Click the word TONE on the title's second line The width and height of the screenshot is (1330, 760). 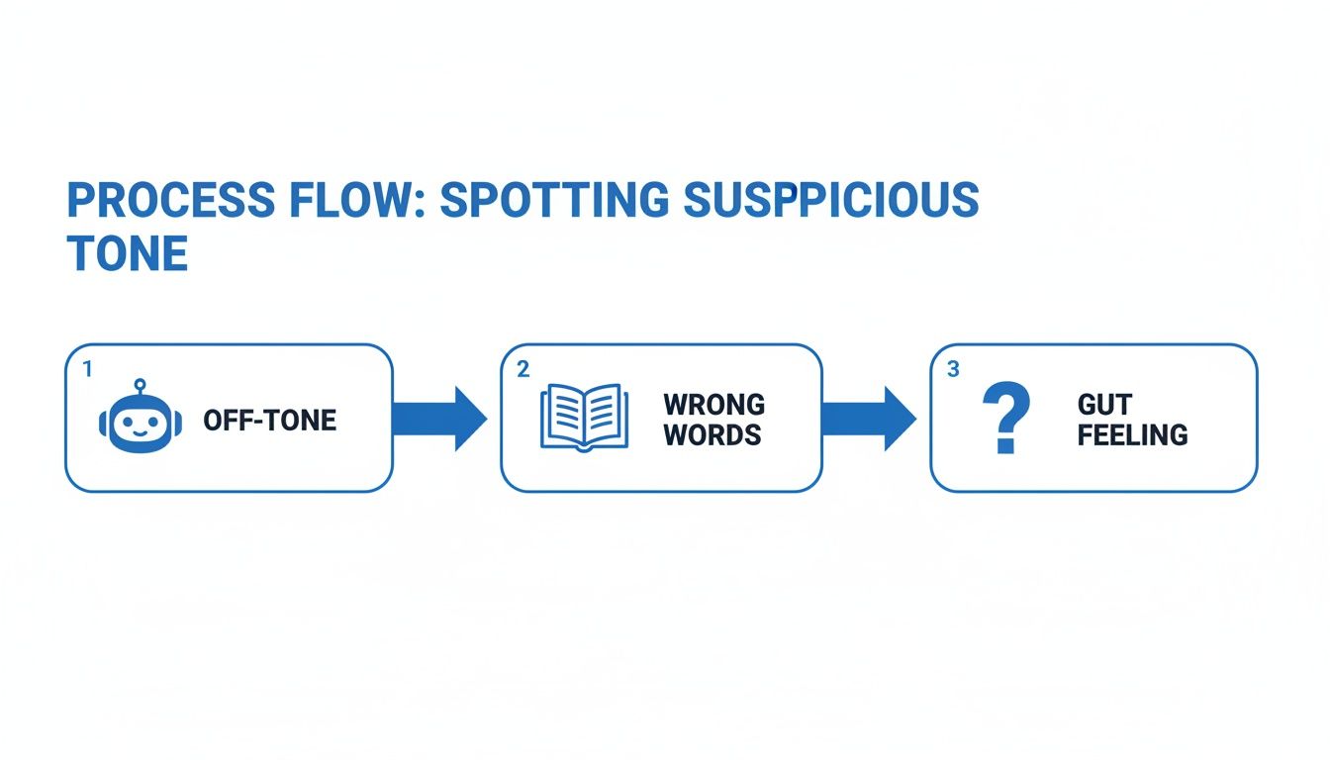127,254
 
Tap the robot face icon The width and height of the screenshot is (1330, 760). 140,423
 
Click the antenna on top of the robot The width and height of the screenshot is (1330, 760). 140,384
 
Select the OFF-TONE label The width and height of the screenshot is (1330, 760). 270,420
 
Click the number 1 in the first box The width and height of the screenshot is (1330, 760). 87,368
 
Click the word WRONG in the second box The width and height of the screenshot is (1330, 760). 713,404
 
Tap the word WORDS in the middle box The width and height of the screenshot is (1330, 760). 712,434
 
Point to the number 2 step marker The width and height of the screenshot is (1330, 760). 522,368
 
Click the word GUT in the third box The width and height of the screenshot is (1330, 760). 1104,404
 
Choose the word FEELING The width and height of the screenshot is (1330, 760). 1132,434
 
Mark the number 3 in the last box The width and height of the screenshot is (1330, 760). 953,368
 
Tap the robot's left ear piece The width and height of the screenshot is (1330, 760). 104,424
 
